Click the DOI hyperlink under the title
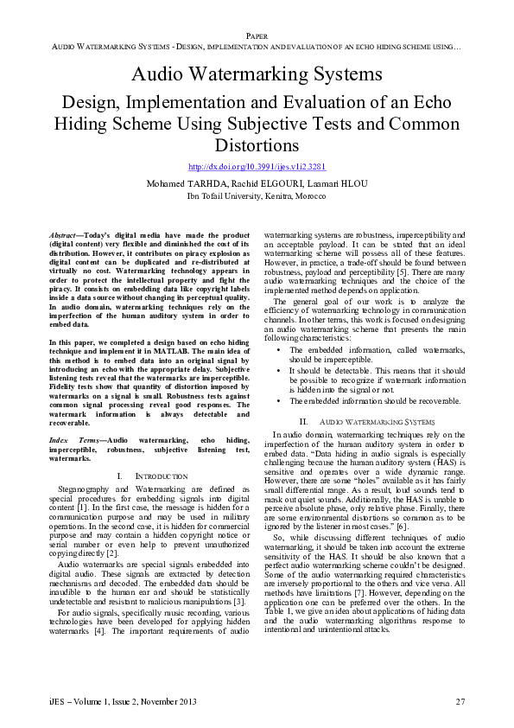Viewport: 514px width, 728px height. click(x=257, y=166)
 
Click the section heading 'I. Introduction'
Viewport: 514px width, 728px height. click(x=150, y=476)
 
